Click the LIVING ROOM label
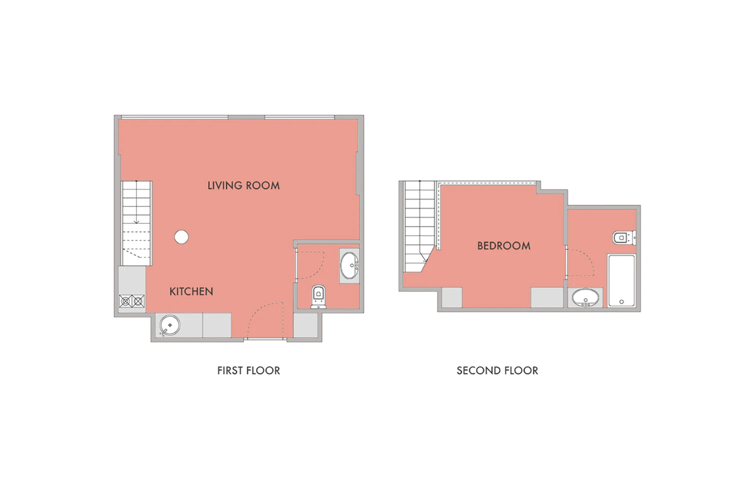pyautogui.click(x=244, y=186)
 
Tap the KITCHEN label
pyautogui.click(x=191, y=291)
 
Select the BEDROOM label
pyautogui.click(x=503, y=246)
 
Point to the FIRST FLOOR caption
pyautogui.click(x=249, y=371)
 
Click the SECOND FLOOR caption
pyautogui.click(x=497, y=371)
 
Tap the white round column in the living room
pyautogui.click(x=181, y=237)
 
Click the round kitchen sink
pyautogui.click(x=170, y=325)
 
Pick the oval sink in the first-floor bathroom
pyautogui.click(x=350, y=265)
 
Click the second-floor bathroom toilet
pyautogui.click(x=624, y=238)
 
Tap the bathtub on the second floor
pyautogui.click(x=621, y=280)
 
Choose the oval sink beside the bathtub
pyautogui.click(x=586, y=297)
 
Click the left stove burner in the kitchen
pyautogui.click(x=125, y=301)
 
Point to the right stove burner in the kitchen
pyautogui.click(x=138, y=301)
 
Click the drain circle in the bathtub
pyautogui.click(x=622, y=302)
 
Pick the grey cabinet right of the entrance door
pyautogui.click(x=306, y=325)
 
